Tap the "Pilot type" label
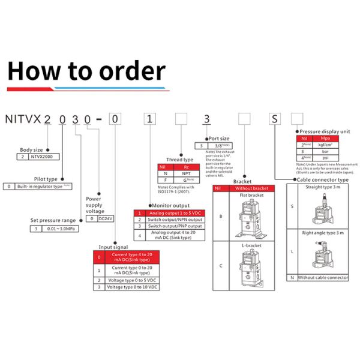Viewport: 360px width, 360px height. pyautogui.click(x=46, y=179)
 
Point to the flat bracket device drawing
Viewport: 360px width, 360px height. pyautogui.click(x=249, y=216)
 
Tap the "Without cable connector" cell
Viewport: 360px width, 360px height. pyautogui.click(x=323, y=278)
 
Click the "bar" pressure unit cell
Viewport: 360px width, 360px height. pyautogui.click(x=326, y=152)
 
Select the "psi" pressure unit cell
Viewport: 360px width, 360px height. pyautogui.click(x=326, y=158)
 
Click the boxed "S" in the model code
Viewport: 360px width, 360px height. pyautogui.click(x=274, y=118)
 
